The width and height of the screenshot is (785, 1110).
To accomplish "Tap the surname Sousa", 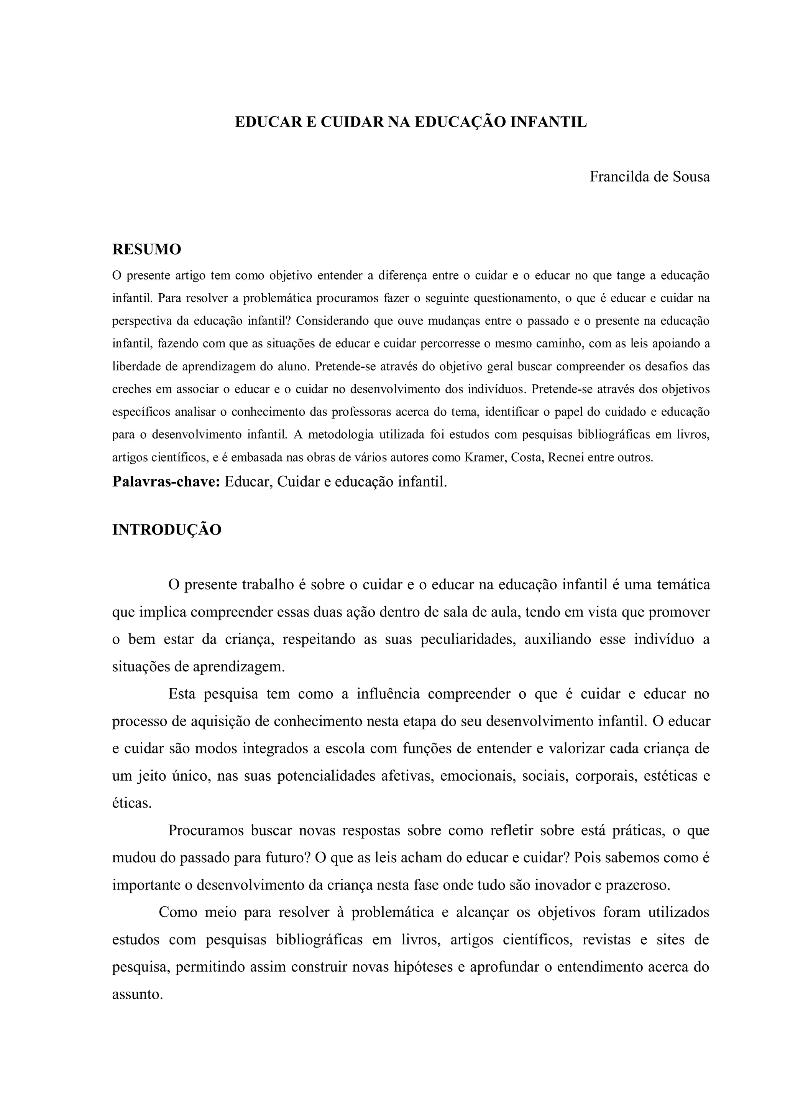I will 691,177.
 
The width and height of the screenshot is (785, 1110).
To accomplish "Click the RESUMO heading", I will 146,250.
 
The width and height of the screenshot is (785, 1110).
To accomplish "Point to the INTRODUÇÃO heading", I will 167,530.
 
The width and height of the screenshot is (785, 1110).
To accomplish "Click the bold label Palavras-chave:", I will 166,482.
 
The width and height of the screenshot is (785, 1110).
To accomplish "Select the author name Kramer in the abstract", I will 485,457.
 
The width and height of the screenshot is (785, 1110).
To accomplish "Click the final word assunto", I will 137,995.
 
